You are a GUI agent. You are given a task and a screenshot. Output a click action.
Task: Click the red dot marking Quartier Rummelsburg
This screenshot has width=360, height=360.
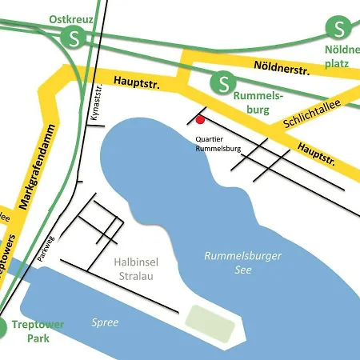[201, 121]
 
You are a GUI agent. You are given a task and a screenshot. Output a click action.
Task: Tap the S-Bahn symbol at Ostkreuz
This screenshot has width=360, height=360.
[75, 37]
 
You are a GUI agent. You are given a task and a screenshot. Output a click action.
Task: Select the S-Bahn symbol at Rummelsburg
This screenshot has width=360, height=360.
[222, 80]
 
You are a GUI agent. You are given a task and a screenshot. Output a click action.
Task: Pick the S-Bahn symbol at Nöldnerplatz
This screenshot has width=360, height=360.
[338, 29]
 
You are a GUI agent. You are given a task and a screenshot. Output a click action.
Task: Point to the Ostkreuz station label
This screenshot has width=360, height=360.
[70, 18]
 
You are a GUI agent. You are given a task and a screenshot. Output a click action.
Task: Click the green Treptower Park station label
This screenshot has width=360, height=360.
[38, 330]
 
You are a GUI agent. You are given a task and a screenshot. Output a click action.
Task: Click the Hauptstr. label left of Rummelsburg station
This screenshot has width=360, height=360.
[138, 82]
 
